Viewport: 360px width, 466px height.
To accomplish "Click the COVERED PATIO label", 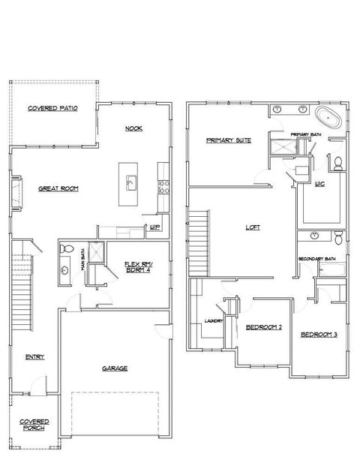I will click(52, 109).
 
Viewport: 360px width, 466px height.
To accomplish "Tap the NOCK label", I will click(134, 128).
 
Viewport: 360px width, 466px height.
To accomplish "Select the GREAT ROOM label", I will click(59, 188).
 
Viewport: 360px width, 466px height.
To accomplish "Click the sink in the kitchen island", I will click(130, 182).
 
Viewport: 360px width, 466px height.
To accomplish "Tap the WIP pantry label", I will click(154, 227).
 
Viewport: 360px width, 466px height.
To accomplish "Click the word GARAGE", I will click(115, 368).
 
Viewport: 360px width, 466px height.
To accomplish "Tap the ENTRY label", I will click(34, 356).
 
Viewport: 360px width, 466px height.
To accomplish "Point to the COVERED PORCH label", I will click(34, 425).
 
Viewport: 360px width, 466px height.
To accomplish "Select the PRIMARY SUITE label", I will click(229, 140).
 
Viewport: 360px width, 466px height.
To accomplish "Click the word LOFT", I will click(253, 227).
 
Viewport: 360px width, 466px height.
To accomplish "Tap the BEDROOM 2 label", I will click(263, 327).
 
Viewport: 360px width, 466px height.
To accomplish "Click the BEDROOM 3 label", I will click(319, 334).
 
